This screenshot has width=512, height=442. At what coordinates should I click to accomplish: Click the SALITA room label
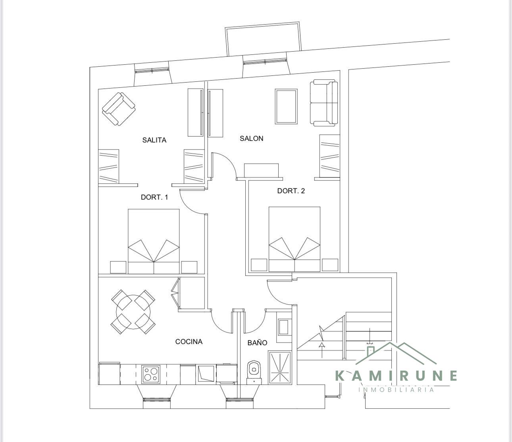tap(154, 140)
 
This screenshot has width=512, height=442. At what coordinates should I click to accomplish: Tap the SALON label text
tap(251, 138)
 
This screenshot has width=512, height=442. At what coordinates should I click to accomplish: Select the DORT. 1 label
tap(154, 197)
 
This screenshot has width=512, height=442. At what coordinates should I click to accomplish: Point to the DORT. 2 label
tap(291, 191)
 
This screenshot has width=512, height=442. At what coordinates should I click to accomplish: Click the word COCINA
tap(189, 342)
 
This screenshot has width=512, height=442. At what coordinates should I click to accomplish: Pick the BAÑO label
tap(257, 342)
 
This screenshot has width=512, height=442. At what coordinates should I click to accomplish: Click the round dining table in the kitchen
tap(133, 312)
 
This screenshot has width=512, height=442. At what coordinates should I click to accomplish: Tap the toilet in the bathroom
tap(254, 373)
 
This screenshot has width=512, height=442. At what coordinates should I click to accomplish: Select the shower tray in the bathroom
tap(279, 367)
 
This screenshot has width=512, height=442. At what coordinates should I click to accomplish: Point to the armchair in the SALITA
tap(119, 109)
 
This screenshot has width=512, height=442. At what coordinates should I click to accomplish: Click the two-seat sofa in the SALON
tap(324, 103)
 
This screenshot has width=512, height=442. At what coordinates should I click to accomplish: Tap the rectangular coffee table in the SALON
tap(286, 106)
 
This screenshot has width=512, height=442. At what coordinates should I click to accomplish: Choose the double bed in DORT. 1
tap(154, 241)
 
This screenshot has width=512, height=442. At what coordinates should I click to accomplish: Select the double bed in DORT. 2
tap(294, 239)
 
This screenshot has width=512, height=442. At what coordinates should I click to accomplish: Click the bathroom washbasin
tap(284, 327)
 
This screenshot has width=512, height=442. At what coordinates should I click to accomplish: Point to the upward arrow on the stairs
tap(322, 350)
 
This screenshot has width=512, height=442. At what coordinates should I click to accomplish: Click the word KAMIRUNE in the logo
tap(396, 376)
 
